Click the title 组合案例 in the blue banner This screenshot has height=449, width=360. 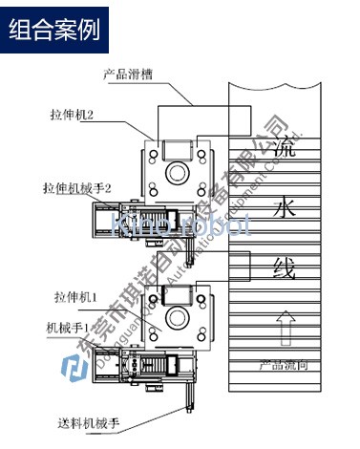click(54, 29)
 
